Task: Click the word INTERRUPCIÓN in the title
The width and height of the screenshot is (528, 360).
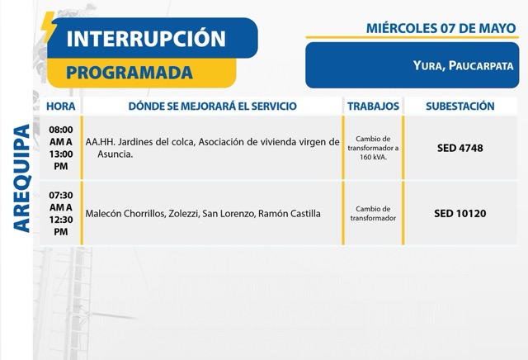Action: click(x=146, y=38)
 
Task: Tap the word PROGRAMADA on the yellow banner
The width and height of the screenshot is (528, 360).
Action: click(x=130, y=73)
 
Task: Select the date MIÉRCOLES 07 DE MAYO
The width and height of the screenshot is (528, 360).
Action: click(x=441, y=28)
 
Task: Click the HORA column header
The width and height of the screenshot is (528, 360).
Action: click(x=61, y=107)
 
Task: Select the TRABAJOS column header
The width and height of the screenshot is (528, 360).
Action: click(x=373, y=107)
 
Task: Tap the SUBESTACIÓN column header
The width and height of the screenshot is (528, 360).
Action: click(x=460, y=107)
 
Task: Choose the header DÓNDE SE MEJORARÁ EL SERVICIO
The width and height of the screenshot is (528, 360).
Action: click(x=213, y=107)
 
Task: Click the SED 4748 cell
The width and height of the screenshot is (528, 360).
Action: click(x=460, y=148)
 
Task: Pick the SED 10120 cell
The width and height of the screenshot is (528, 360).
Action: click(x=460, y=213)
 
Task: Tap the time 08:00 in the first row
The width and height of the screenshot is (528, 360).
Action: click(x=61, y=130)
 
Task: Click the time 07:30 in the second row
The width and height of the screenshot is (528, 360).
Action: click(x=61, y=195)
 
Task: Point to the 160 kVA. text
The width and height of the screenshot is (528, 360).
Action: click(x=373, y=157)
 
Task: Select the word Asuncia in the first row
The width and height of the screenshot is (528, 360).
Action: click(x=115, y=154)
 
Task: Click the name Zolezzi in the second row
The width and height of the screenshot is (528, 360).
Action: click(x=183, y=214)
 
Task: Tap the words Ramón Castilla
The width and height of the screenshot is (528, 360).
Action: click(x=290, y=214)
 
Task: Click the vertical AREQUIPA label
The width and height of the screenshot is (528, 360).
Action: click(x=22, y=178)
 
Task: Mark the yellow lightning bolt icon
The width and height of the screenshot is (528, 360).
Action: click(x=48, y=27)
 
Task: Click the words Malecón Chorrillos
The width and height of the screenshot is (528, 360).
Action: click(x=125, y=214)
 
